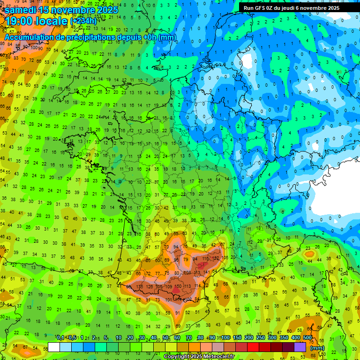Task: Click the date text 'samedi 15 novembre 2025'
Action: click(61, 9)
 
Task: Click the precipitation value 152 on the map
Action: click(216, 258)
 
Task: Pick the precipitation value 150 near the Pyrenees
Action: click(179, 286)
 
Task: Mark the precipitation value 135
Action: click(139, 286)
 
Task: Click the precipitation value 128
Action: click(150, 286)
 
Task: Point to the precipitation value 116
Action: click(205, 258)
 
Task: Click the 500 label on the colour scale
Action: click(307, 338)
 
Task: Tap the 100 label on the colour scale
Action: click(225, 338)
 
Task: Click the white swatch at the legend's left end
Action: click(54, 347)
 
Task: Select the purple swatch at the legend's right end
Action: click(300, 347)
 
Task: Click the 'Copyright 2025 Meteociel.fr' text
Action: click(198, 356)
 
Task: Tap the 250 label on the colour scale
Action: click(261, 338)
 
